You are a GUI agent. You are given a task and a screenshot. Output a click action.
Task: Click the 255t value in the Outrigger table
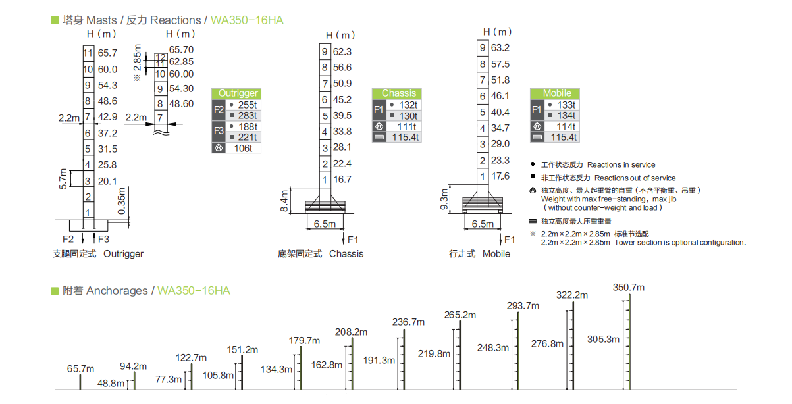pyautogui.click(x=247, y=105)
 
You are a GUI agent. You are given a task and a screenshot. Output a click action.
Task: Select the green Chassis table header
pyautogui.click(x=397, y=93)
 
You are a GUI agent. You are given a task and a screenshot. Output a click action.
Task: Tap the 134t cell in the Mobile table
pyautogui.click(x=566, y=116)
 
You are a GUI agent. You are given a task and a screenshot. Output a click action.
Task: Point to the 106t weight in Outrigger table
pyautogui.click(x=243, y=148)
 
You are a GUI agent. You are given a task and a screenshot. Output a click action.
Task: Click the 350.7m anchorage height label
pyautogui.click(x=629, y=288)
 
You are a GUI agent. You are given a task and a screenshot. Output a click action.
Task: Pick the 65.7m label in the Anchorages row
pyautogui.click(x=80, y=368)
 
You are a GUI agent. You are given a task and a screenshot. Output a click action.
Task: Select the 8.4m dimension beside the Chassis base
pyautogui.click(x=284, y=201)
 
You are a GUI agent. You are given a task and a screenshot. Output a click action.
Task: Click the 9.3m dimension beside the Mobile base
pyautogui.click(x=444, y=199)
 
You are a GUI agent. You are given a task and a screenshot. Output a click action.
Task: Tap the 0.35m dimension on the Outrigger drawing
pyautogui.click(x=121, y=201)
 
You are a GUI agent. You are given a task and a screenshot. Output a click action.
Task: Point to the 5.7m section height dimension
pyautogui.click(x=63, y=179)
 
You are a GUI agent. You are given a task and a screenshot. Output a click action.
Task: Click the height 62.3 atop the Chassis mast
pyautogui.click(x=342, y=51)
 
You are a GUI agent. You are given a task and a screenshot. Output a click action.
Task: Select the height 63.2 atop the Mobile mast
pyautogui.click(x=500, y=48)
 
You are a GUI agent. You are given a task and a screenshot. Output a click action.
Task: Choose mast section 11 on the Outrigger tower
pyautogui.click(x=88, y=53)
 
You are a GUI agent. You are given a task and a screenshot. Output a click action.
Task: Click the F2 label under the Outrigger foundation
pyautogui.click(x=68, y=240)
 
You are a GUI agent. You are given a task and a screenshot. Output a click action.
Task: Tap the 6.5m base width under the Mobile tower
pyautogui.click(x=483, y=224)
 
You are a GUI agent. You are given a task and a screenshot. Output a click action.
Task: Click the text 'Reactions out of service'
pyautogui.click(x=635, y=178)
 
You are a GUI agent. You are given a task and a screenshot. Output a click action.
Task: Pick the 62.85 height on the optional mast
pyautogui.click(x=182, y=61)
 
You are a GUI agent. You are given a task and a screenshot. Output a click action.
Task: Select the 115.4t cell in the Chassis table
pyautogui.click(x=405, y=137)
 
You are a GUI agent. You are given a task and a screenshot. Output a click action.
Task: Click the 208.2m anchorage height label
pyautogui.click(x=351, y=332)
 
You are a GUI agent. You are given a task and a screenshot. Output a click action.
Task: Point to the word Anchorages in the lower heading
pyautogui.click(x=117, y=291)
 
